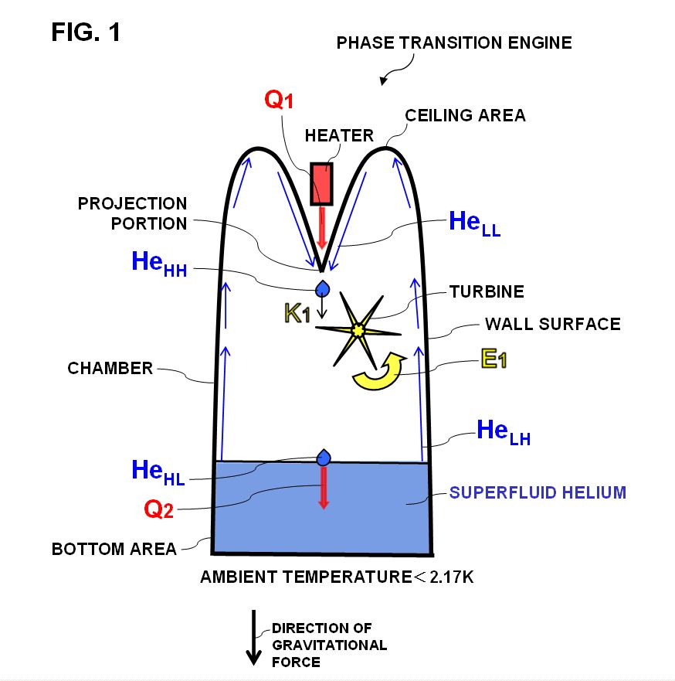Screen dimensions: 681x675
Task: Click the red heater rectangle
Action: tap(321, 183)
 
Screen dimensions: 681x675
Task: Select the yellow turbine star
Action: tap(358, 330)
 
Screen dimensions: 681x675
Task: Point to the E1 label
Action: tap(493, 359)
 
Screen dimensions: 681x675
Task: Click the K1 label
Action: tap(297, 314)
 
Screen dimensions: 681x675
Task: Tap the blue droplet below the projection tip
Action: tap(322, 288)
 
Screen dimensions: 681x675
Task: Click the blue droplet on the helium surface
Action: tap(324, 458)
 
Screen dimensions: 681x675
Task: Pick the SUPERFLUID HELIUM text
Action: tap(538, 492)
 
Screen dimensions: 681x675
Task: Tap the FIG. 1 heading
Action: tap(86, 32)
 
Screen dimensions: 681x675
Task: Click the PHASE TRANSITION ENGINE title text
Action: tap(454, 43)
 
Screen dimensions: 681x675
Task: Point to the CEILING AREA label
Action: tap(466, 116)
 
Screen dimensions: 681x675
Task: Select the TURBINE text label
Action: tap(487, 291)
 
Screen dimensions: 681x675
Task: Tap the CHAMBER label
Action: tap(110, 368)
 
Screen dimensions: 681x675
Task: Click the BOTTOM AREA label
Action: tap(114, 550)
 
